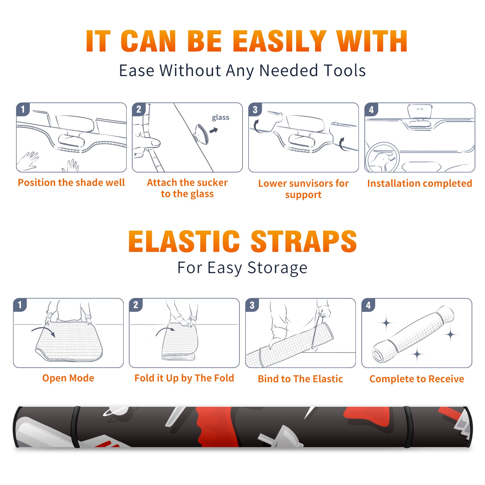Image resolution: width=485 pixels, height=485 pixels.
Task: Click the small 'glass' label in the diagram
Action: (220, 118)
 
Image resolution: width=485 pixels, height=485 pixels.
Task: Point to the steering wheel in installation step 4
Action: (382, 157)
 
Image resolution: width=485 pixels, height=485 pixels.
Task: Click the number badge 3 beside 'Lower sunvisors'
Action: (255, 109)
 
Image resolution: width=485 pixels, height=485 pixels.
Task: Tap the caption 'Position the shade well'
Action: (71, 182)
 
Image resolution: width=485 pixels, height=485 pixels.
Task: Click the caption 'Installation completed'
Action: (420, 183)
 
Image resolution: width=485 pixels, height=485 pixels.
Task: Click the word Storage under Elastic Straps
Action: (277, 268)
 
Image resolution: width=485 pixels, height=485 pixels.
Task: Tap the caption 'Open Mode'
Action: (68, 378)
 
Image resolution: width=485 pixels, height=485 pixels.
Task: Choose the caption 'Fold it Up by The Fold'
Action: (184, 378)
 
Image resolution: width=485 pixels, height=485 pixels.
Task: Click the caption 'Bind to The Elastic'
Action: (300, 379)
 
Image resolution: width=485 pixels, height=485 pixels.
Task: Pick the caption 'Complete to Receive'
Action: (417, 379)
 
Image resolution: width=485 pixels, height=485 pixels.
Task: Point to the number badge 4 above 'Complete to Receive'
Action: (368, 305)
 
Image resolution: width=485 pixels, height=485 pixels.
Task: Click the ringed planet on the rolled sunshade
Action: (115, 411)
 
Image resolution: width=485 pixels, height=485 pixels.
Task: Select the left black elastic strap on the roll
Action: (75, 427)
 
